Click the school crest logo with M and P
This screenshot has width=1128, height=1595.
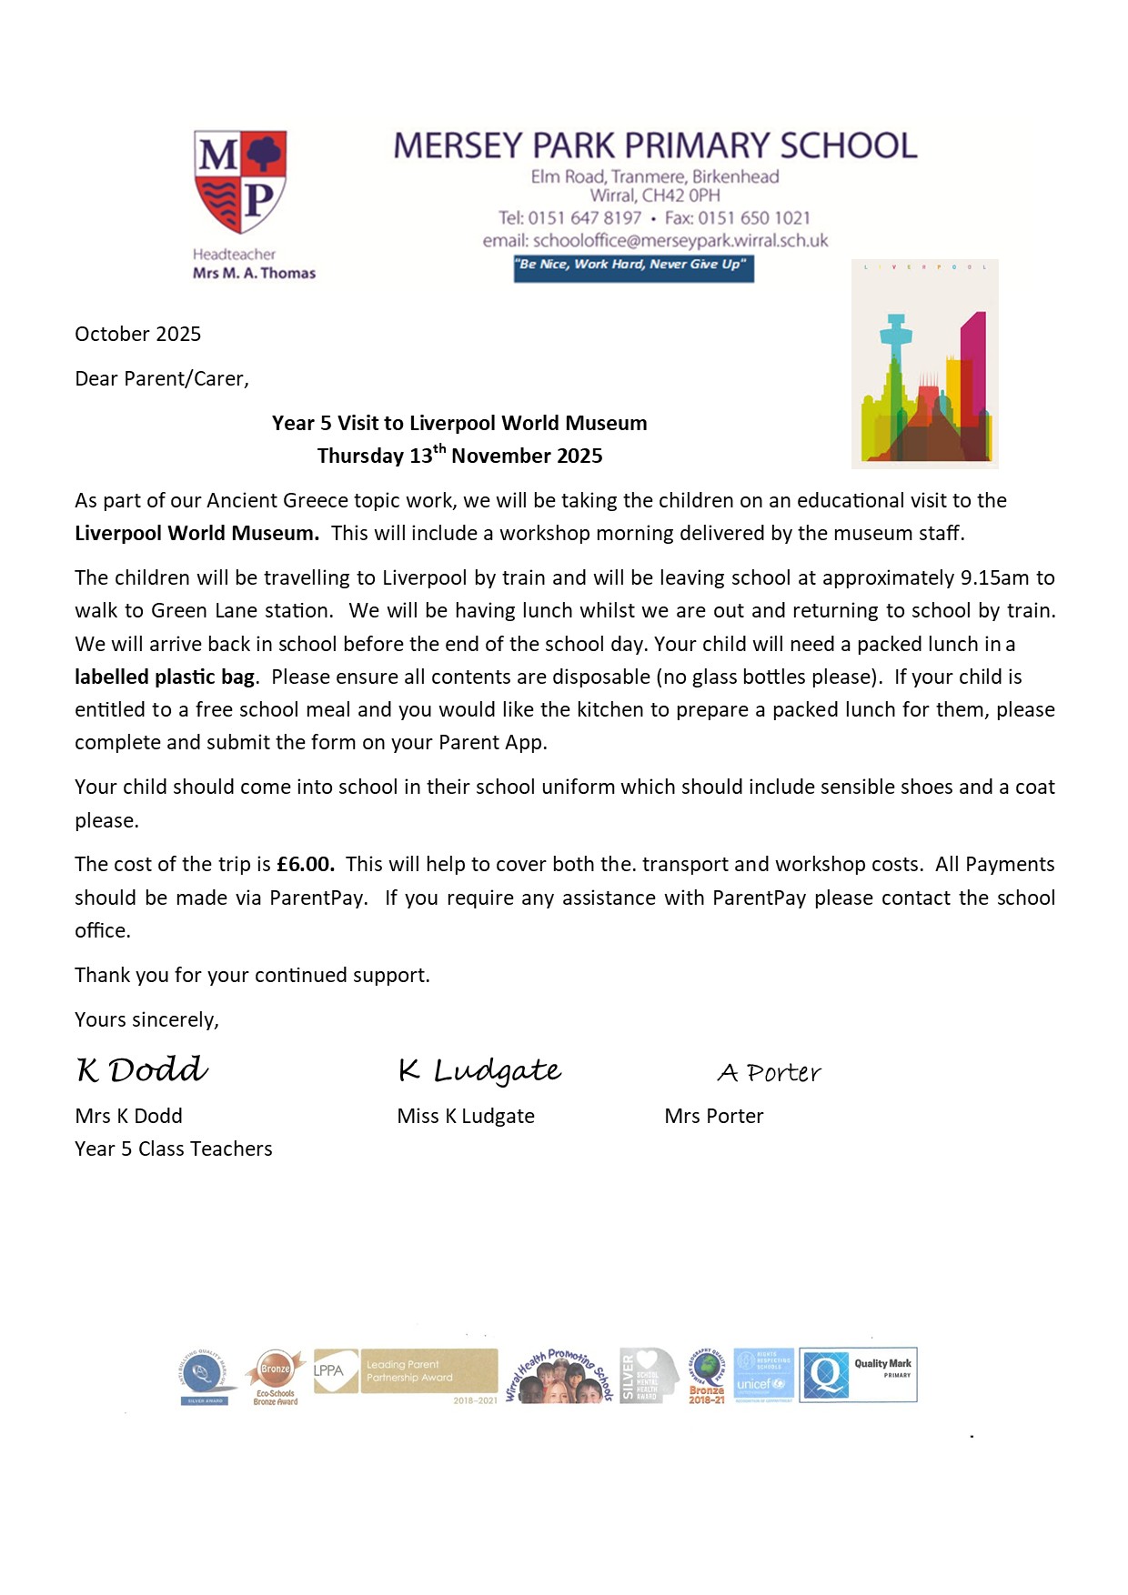tap(240, 182)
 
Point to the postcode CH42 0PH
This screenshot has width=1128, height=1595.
tap(681, 196)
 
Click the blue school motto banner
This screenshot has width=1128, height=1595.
tap(633, 267)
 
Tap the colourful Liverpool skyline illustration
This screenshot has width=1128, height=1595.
tap(925, 364)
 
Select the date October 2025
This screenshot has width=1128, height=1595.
tap(138, 334)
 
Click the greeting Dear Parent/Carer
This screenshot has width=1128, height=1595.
tap(162, 378)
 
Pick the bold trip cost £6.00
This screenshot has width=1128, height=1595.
tap(306, 864)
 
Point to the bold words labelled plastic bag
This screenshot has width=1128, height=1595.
tap(165, 677)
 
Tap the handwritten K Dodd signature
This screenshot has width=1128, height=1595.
tap(143, 1070)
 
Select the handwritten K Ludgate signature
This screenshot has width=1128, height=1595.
tap(479, 1071)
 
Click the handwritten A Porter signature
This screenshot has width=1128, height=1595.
tap(770, 1073)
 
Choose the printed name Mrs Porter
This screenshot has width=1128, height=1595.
tap(714, 1116)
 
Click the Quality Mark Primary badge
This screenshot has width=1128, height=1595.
tap(858, 1374)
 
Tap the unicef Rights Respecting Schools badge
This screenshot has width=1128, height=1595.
tap(763, 1375)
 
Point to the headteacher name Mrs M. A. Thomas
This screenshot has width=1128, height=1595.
tap(254, 273)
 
